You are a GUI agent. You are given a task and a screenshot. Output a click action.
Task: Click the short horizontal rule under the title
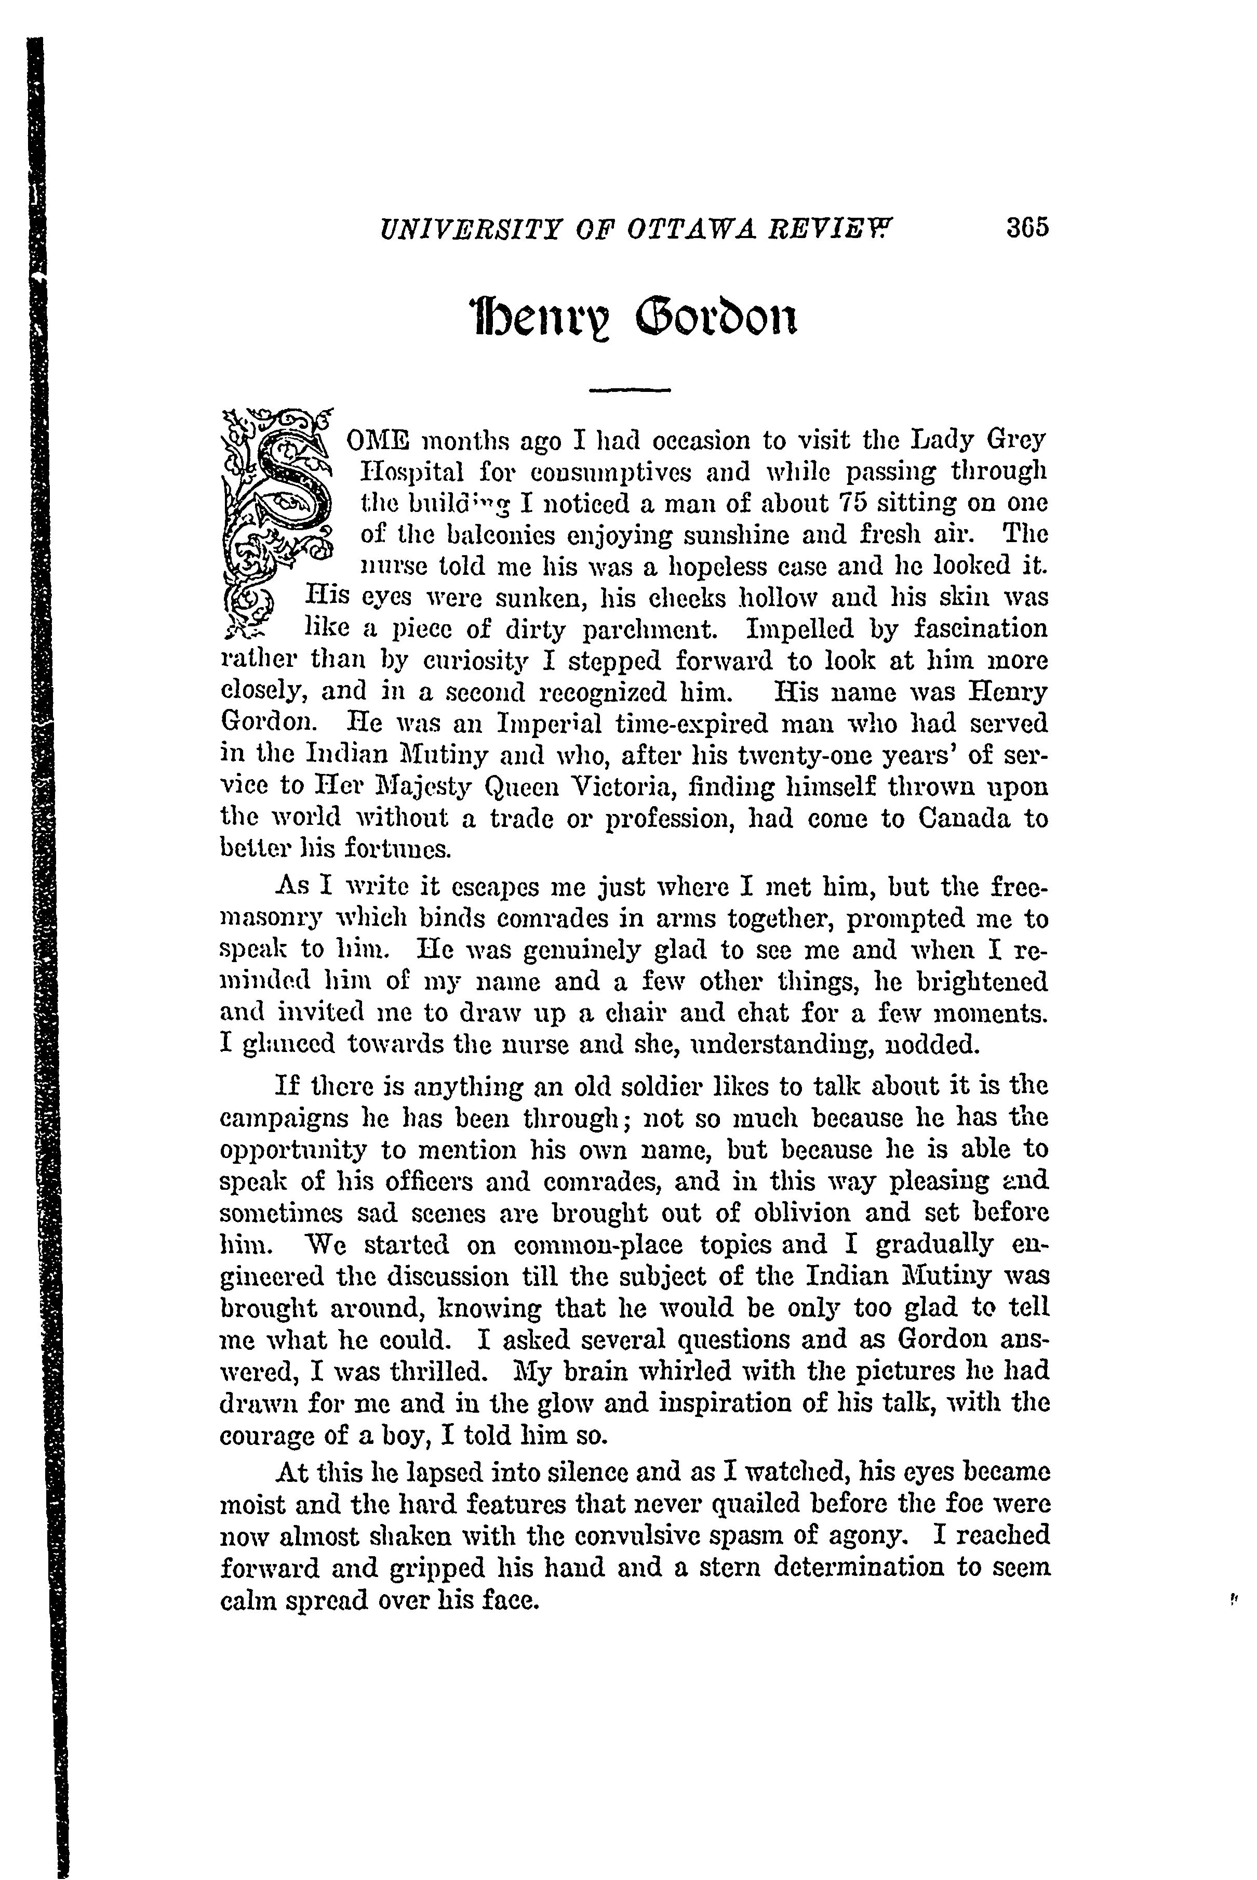pos(630,390)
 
